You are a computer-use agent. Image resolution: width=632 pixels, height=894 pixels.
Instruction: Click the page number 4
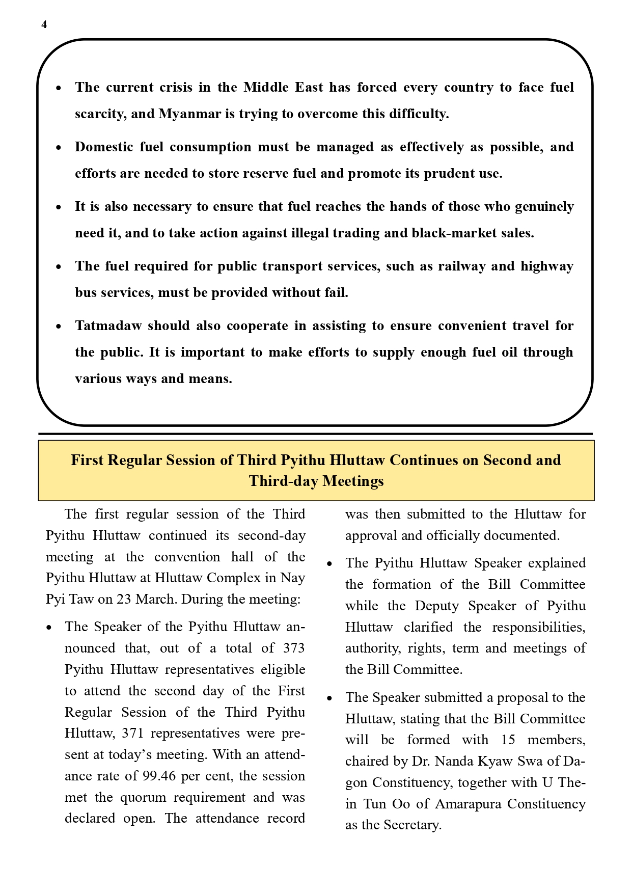44,25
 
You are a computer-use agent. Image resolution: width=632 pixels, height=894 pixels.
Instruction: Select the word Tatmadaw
108,326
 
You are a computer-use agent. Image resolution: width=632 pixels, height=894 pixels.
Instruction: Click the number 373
293,648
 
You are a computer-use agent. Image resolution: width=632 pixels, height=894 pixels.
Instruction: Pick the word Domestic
104,147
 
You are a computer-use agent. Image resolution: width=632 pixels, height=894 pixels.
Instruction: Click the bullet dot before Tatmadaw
59,326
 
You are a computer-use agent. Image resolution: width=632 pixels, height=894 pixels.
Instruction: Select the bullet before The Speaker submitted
329,698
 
